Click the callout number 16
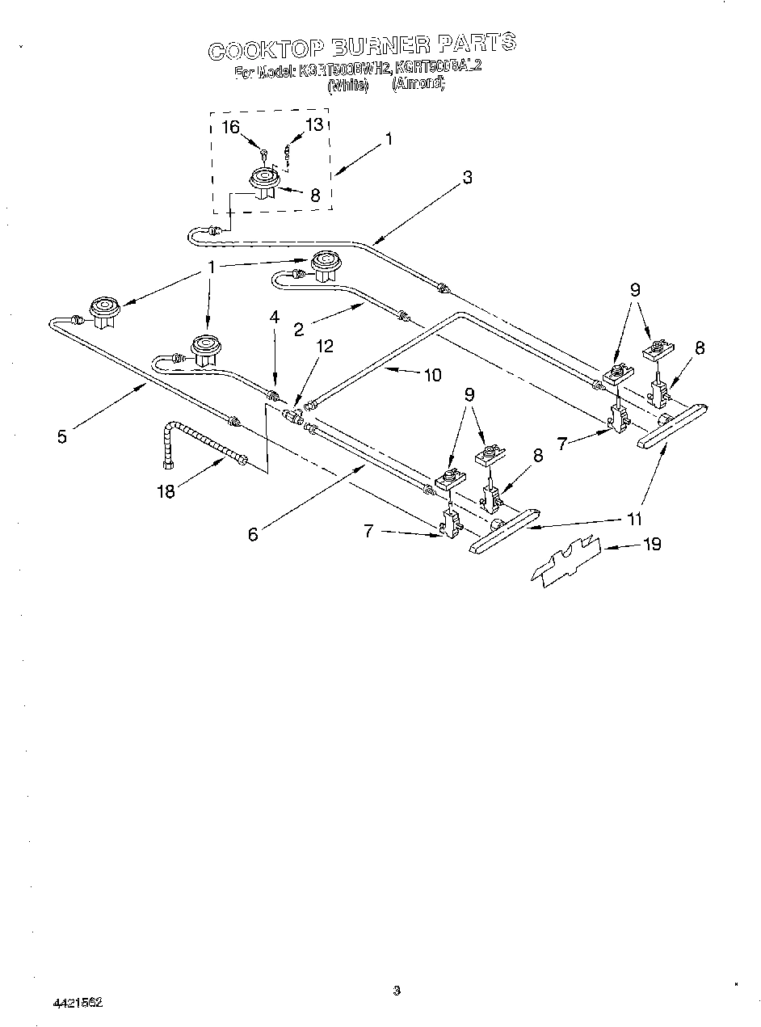pyautogui.click(x=231, y=126)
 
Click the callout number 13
pyautogui.click(x=313, y=124)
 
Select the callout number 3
pyautogui.click(x=467, y=179)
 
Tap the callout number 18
pyautogui.click(x=166, y=490)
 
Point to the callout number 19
pyautogui.click(x=651, y=544)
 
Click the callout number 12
pyautogui.click(x=324, y=347)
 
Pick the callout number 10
pyautogui.click(x=432, y=374)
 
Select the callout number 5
pyautogui.click(x=62, y=436)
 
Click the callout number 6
pyautogui.click(x=253, y=534)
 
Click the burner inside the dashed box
pyautogui.click(x=263, y=182)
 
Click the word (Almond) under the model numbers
pyautogui.click(x=418, y=83)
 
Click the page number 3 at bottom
pyautogui.click(x=396, y=991)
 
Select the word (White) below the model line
pyautogui.click(x=347, y=84)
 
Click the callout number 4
pyautogui.click(x=275, y=318)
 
